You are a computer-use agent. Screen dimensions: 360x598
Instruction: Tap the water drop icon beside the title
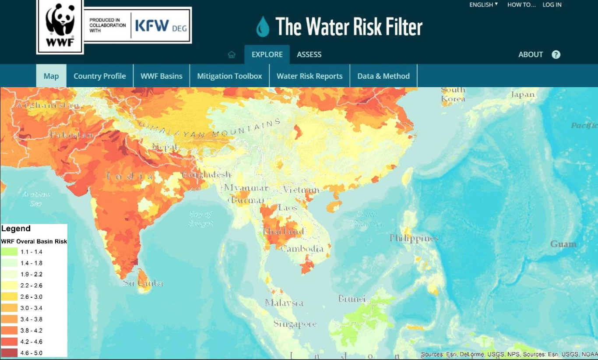coord(263,27)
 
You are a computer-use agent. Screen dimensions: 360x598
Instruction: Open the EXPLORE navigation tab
coord(267,55)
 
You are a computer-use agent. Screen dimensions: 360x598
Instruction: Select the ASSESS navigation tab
coord(309,55)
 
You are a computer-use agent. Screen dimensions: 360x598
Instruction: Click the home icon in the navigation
coord(232,55)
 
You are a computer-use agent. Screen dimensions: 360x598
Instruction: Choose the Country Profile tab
coord(99,76)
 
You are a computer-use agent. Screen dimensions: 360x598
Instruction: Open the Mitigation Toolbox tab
coord(229,76)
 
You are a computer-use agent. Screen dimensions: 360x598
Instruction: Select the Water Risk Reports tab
coord(310,76)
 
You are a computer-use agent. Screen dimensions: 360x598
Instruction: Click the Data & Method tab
coord(383,76)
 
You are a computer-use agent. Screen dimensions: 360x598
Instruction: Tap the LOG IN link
coord(552,5)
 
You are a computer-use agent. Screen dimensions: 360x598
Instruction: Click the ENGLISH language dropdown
coord(483,5)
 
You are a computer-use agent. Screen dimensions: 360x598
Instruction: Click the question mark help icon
coord(556,55)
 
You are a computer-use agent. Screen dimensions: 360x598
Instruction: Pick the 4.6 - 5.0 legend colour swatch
coord(9,353)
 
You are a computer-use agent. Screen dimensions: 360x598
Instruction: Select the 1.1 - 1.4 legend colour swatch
coord(9,252)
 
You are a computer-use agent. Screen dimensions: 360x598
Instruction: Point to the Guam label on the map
coord(563,244)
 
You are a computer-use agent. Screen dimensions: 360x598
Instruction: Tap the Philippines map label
coord(414,239)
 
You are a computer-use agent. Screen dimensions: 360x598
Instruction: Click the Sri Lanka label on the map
coord(143,283)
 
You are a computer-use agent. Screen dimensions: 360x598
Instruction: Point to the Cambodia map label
coord(302,249)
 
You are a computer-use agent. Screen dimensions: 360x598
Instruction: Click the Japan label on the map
coord(523,95)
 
